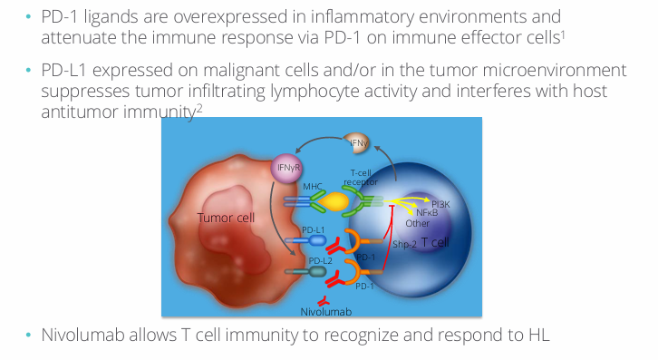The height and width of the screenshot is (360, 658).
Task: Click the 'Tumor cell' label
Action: [x=226, y=218]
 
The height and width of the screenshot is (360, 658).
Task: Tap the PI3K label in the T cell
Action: [x=440, y=204]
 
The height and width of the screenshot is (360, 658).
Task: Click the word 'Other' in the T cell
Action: [x=418, y=223]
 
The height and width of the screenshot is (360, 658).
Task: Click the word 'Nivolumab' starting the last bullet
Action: [x=79, y=334]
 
